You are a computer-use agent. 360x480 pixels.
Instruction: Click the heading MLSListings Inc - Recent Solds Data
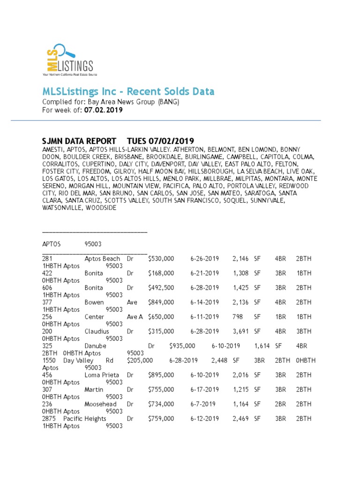[128, 91]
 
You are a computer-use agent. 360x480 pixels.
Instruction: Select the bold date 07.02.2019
[103, 110]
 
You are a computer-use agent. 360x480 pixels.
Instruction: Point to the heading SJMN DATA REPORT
[79, 141]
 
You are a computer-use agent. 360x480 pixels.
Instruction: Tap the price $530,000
[161, 259]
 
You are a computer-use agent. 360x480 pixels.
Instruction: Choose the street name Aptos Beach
[102, 259]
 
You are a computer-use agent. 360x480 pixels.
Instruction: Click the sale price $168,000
[161, 273]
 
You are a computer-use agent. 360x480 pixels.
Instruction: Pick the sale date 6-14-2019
[204, 302]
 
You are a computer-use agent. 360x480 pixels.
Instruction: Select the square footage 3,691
[241, 331]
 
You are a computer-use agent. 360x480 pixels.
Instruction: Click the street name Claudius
[97, 331]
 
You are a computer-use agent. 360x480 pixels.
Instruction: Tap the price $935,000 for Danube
[182, 346]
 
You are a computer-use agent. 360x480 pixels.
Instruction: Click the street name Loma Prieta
[102, 375]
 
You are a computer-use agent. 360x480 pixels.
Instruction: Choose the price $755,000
[161, 390]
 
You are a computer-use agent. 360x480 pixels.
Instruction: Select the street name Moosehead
[100, 404]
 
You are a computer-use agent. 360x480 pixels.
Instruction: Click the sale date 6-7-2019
[202, 404]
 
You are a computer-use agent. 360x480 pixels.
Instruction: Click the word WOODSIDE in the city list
[101, 208]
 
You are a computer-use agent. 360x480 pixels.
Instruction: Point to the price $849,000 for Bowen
[161, 302]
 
